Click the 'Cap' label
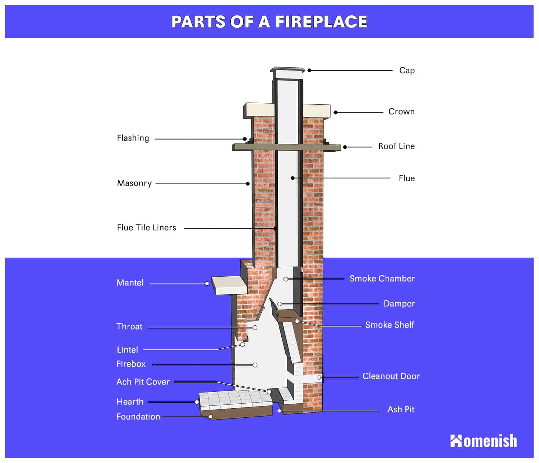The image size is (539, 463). (407, 71)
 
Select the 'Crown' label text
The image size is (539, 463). (401, 112)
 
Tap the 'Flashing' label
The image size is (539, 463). (133, 138)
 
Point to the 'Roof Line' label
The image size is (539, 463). (396, 146)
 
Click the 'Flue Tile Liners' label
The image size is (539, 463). (147, 227)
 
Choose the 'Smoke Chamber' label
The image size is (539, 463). (382, 278)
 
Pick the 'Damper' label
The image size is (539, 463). (399, 303)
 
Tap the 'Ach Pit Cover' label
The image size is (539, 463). (143, 382)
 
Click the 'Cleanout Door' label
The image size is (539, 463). (391, 376)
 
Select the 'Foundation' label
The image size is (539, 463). (138, 417)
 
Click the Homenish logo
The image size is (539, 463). (483, 441)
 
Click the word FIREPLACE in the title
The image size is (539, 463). (321, 22)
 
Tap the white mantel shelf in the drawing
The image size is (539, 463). (229, 285)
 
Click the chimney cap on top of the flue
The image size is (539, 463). (287, 73)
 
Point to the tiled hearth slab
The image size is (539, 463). (236, 400)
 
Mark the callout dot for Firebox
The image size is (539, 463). (255, 365)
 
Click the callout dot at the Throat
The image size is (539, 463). (255, 327)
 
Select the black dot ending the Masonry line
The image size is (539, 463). (248, 184)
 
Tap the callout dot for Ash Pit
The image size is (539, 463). (279, 411)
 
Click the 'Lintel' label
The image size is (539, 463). (127, 350)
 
